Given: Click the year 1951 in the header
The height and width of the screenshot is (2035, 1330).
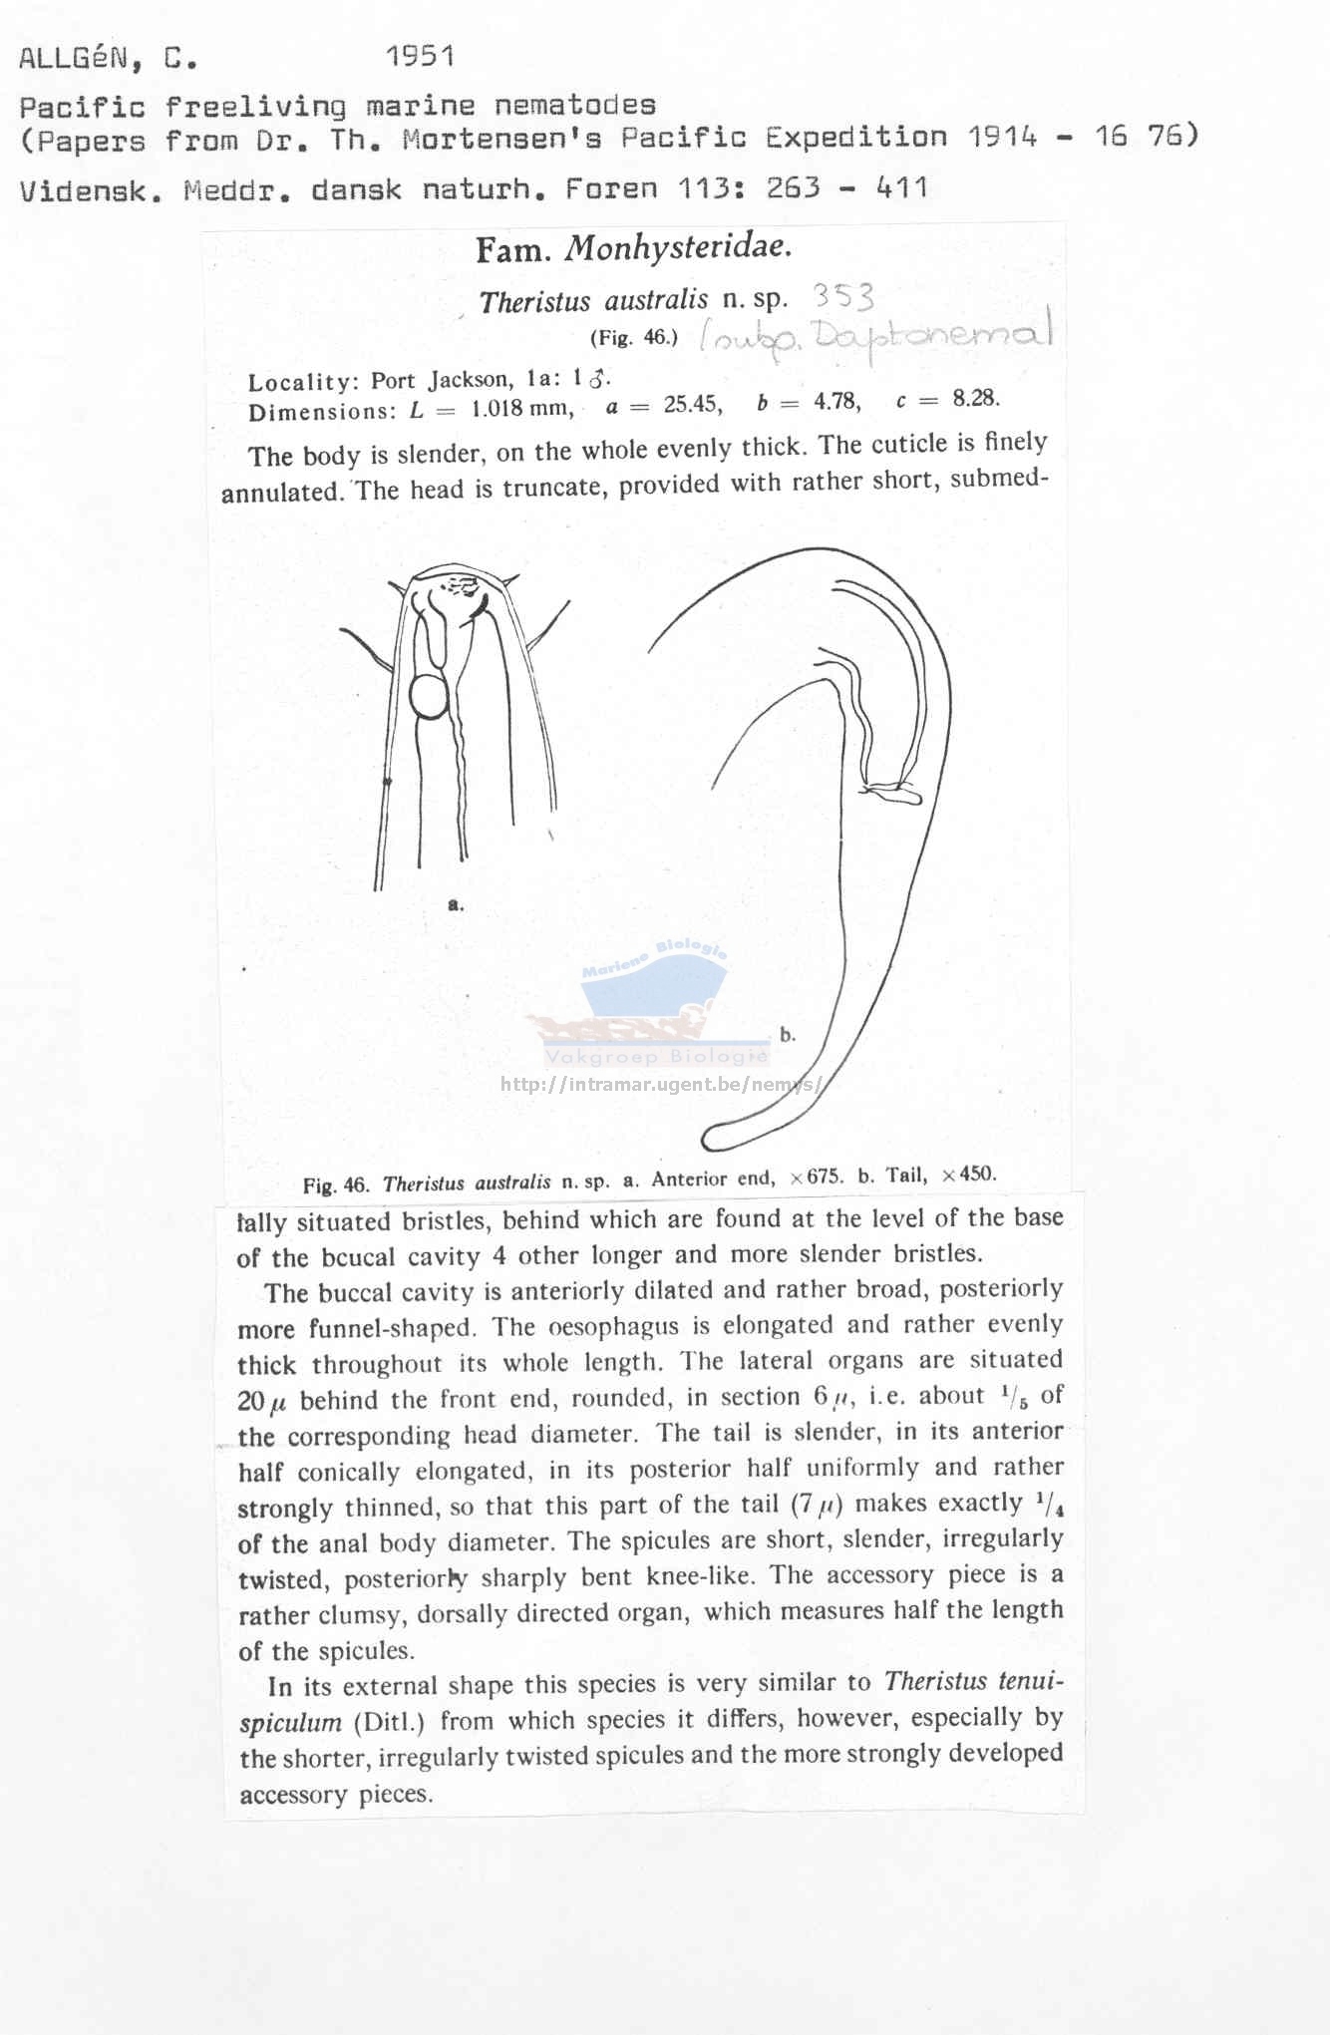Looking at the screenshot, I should [420, 56].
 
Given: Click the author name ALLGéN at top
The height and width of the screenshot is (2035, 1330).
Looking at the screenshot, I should [74, 59].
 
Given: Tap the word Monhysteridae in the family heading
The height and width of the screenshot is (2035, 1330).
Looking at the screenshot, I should [678, 248].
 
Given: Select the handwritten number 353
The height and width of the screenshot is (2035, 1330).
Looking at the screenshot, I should [843, 296].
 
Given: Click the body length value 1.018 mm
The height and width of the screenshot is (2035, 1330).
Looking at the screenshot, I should [521, 408].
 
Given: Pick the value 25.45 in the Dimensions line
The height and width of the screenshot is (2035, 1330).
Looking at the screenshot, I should [693, 404].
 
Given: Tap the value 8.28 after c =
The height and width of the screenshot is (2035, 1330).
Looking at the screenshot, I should [975, 399].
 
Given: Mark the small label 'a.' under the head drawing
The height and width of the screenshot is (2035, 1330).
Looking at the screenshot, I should [456, 905].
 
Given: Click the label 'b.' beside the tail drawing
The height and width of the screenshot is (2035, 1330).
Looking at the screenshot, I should [788, 1035].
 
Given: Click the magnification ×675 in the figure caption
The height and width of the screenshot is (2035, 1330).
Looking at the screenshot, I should [817, 1177].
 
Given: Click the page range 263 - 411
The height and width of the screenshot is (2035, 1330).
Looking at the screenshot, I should [846, 187].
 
